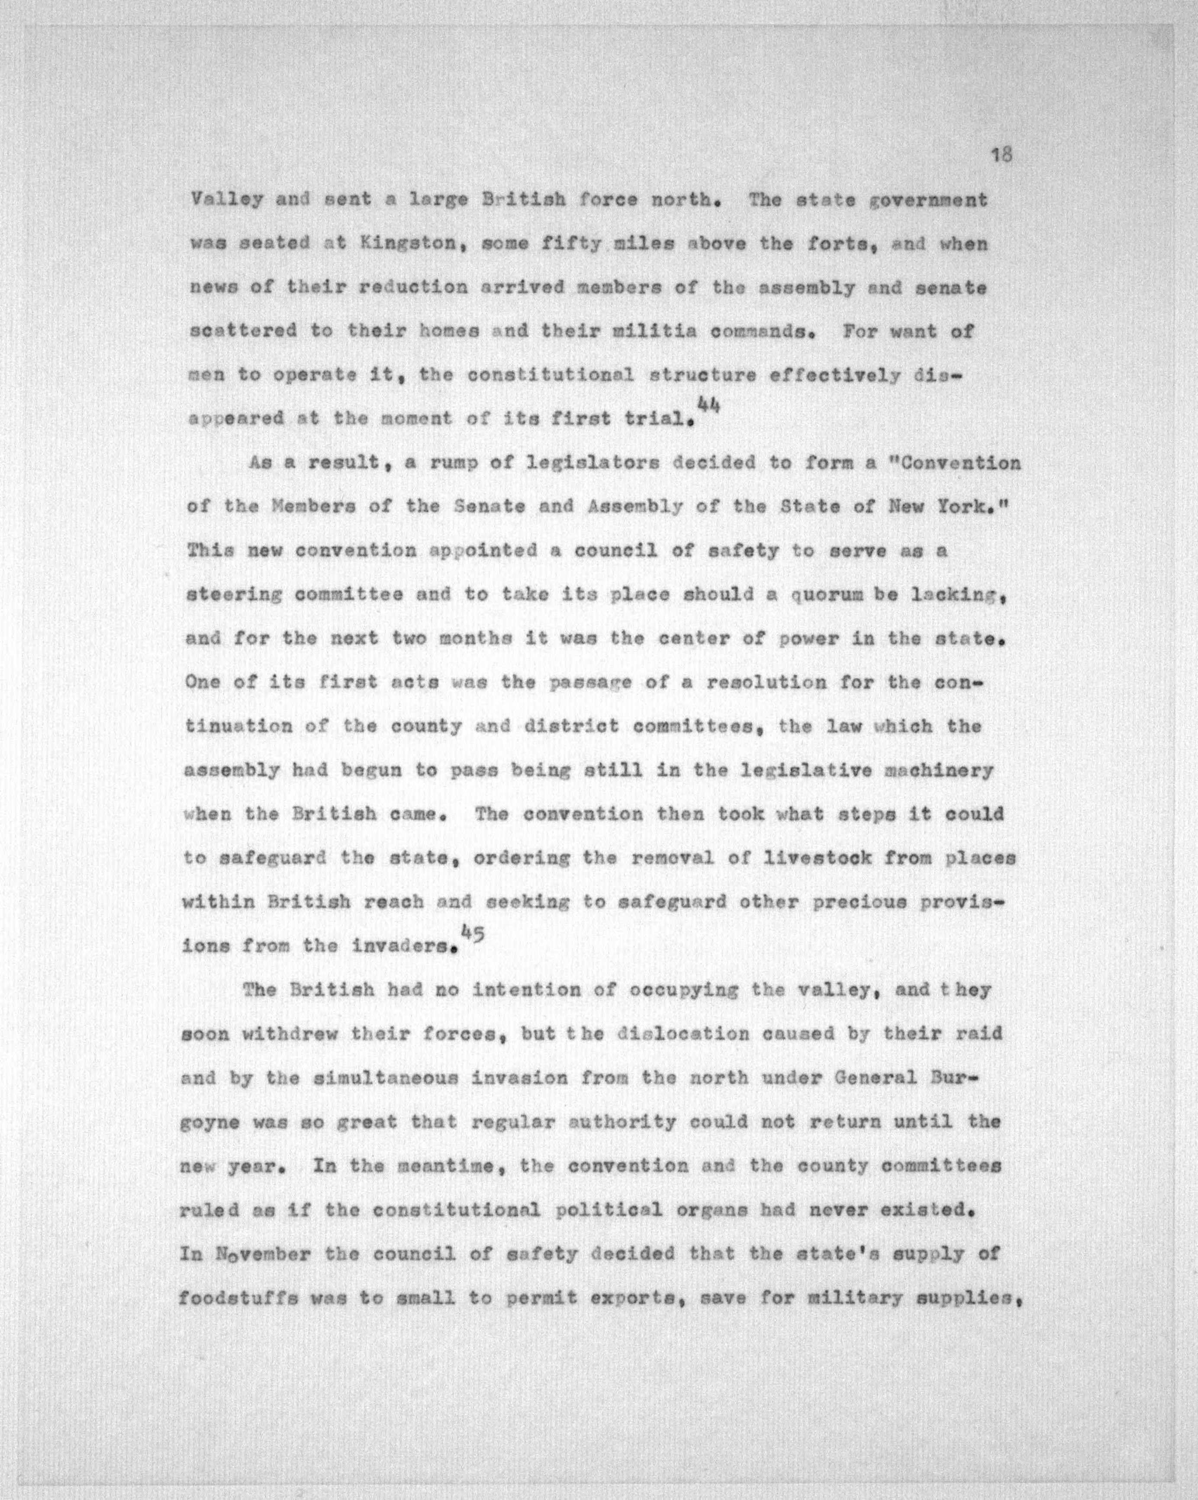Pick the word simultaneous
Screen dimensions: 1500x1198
(370, 1078)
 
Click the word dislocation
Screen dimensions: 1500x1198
(683, 1034)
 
